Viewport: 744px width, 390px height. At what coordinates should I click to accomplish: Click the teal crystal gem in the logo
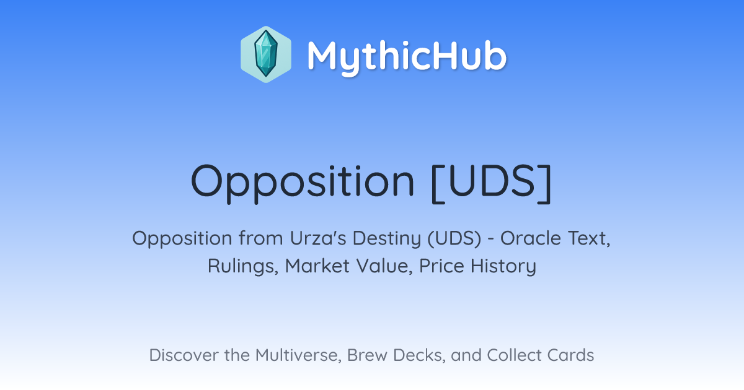click(x=266, y=54)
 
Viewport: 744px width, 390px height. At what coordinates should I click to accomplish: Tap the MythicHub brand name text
click(x=407, y=58)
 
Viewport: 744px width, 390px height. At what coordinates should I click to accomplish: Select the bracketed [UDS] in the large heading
click(x=492, y=183)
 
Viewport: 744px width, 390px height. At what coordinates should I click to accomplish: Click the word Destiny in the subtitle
click(x=387, y=239)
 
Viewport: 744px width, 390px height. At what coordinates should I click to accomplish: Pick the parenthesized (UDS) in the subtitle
click(x=454, y=239)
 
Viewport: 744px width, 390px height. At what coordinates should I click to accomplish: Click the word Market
click(x=317, y=266)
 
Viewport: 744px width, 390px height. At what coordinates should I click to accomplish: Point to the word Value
click(x=384, y=266)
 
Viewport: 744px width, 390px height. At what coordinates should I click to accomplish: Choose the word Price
click(x=441, y=266)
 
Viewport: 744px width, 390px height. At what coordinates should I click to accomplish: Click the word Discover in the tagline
click(x=184, y=355)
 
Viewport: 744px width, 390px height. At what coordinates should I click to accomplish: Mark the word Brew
click(x=367, y=355)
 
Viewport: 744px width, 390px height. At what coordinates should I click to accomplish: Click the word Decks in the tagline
click(x=419, y=355)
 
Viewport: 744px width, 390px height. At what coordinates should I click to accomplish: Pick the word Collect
click(x=515, y=355)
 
